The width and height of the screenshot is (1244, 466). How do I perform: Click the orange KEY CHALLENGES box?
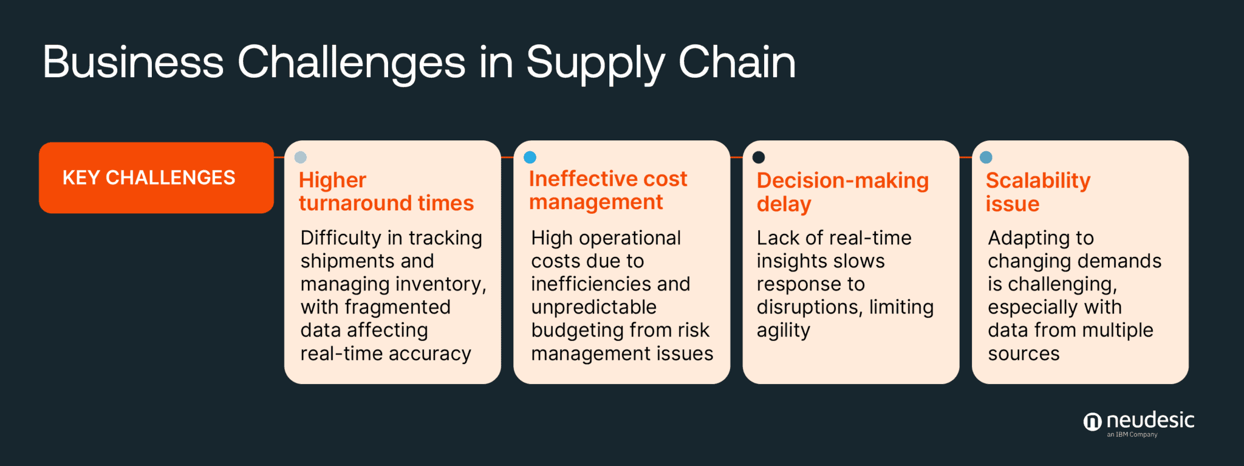[156, 177]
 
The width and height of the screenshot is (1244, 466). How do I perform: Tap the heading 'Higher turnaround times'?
[386, 191]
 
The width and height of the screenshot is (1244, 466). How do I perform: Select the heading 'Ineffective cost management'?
[607, 190]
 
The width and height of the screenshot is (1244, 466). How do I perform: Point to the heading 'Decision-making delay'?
[842, 192]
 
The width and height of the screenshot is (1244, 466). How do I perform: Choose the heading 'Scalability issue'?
[1037, 192]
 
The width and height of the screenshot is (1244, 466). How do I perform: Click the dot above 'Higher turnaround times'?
[300, 157]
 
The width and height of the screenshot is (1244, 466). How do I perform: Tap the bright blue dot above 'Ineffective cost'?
[530, 157]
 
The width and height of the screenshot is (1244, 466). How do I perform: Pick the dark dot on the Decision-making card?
[759, 157]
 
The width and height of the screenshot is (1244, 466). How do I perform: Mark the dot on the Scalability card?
[986, 157]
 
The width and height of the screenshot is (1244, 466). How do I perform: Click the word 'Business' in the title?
[133, 62]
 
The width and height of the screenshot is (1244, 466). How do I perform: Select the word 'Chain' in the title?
[736, 62]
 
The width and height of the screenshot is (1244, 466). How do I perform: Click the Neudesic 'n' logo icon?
[1092, 422]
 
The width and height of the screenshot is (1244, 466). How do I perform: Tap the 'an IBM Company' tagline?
[1132, 435]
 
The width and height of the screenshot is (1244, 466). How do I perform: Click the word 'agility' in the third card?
[783, 331]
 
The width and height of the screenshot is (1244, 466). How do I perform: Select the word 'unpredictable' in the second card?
[593, 307]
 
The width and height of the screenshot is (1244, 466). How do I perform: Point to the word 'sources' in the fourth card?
[1024, 354]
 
